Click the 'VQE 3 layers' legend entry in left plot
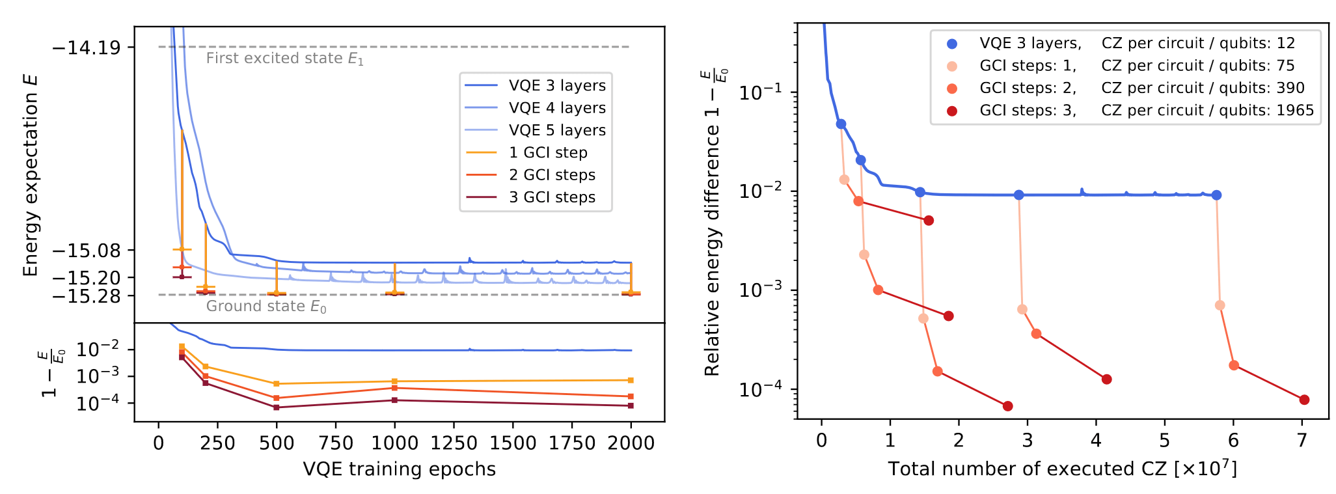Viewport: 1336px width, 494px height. (557, 85)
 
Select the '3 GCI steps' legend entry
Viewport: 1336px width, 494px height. (552, 197)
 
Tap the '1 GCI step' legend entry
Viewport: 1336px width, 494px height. (548, 152)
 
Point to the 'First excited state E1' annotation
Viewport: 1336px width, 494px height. (284, 59)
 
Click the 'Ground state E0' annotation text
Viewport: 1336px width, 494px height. (266, 307)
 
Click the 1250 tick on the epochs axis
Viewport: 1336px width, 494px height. (454, 443)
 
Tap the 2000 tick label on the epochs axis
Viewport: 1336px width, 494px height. (631, 443)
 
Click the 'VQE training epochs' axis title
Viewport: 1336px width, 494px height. (399, 469)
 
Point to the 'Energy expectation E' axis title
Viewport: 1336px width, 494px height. (31, 176)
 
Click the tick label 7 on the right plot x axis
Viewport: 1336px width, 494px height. (1302, 441)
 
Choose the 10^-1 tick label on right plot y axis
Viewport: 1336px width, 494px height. (759, 93)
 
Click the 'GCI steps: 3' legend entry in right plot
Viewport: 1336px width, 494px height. (1028, 111)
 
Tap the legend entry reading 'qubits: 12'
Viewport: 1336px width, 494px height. (1197, 44)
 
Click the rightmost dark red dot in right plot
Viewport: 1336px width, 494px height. (1304, 400)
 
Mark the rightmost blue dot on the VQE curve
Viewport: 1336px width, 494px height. (1216, 195)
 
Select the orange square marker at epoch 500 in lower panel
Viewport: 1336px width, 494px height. (277, 384)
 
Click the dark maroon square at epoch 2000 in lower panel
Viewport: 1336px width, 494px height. (631, 406)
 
